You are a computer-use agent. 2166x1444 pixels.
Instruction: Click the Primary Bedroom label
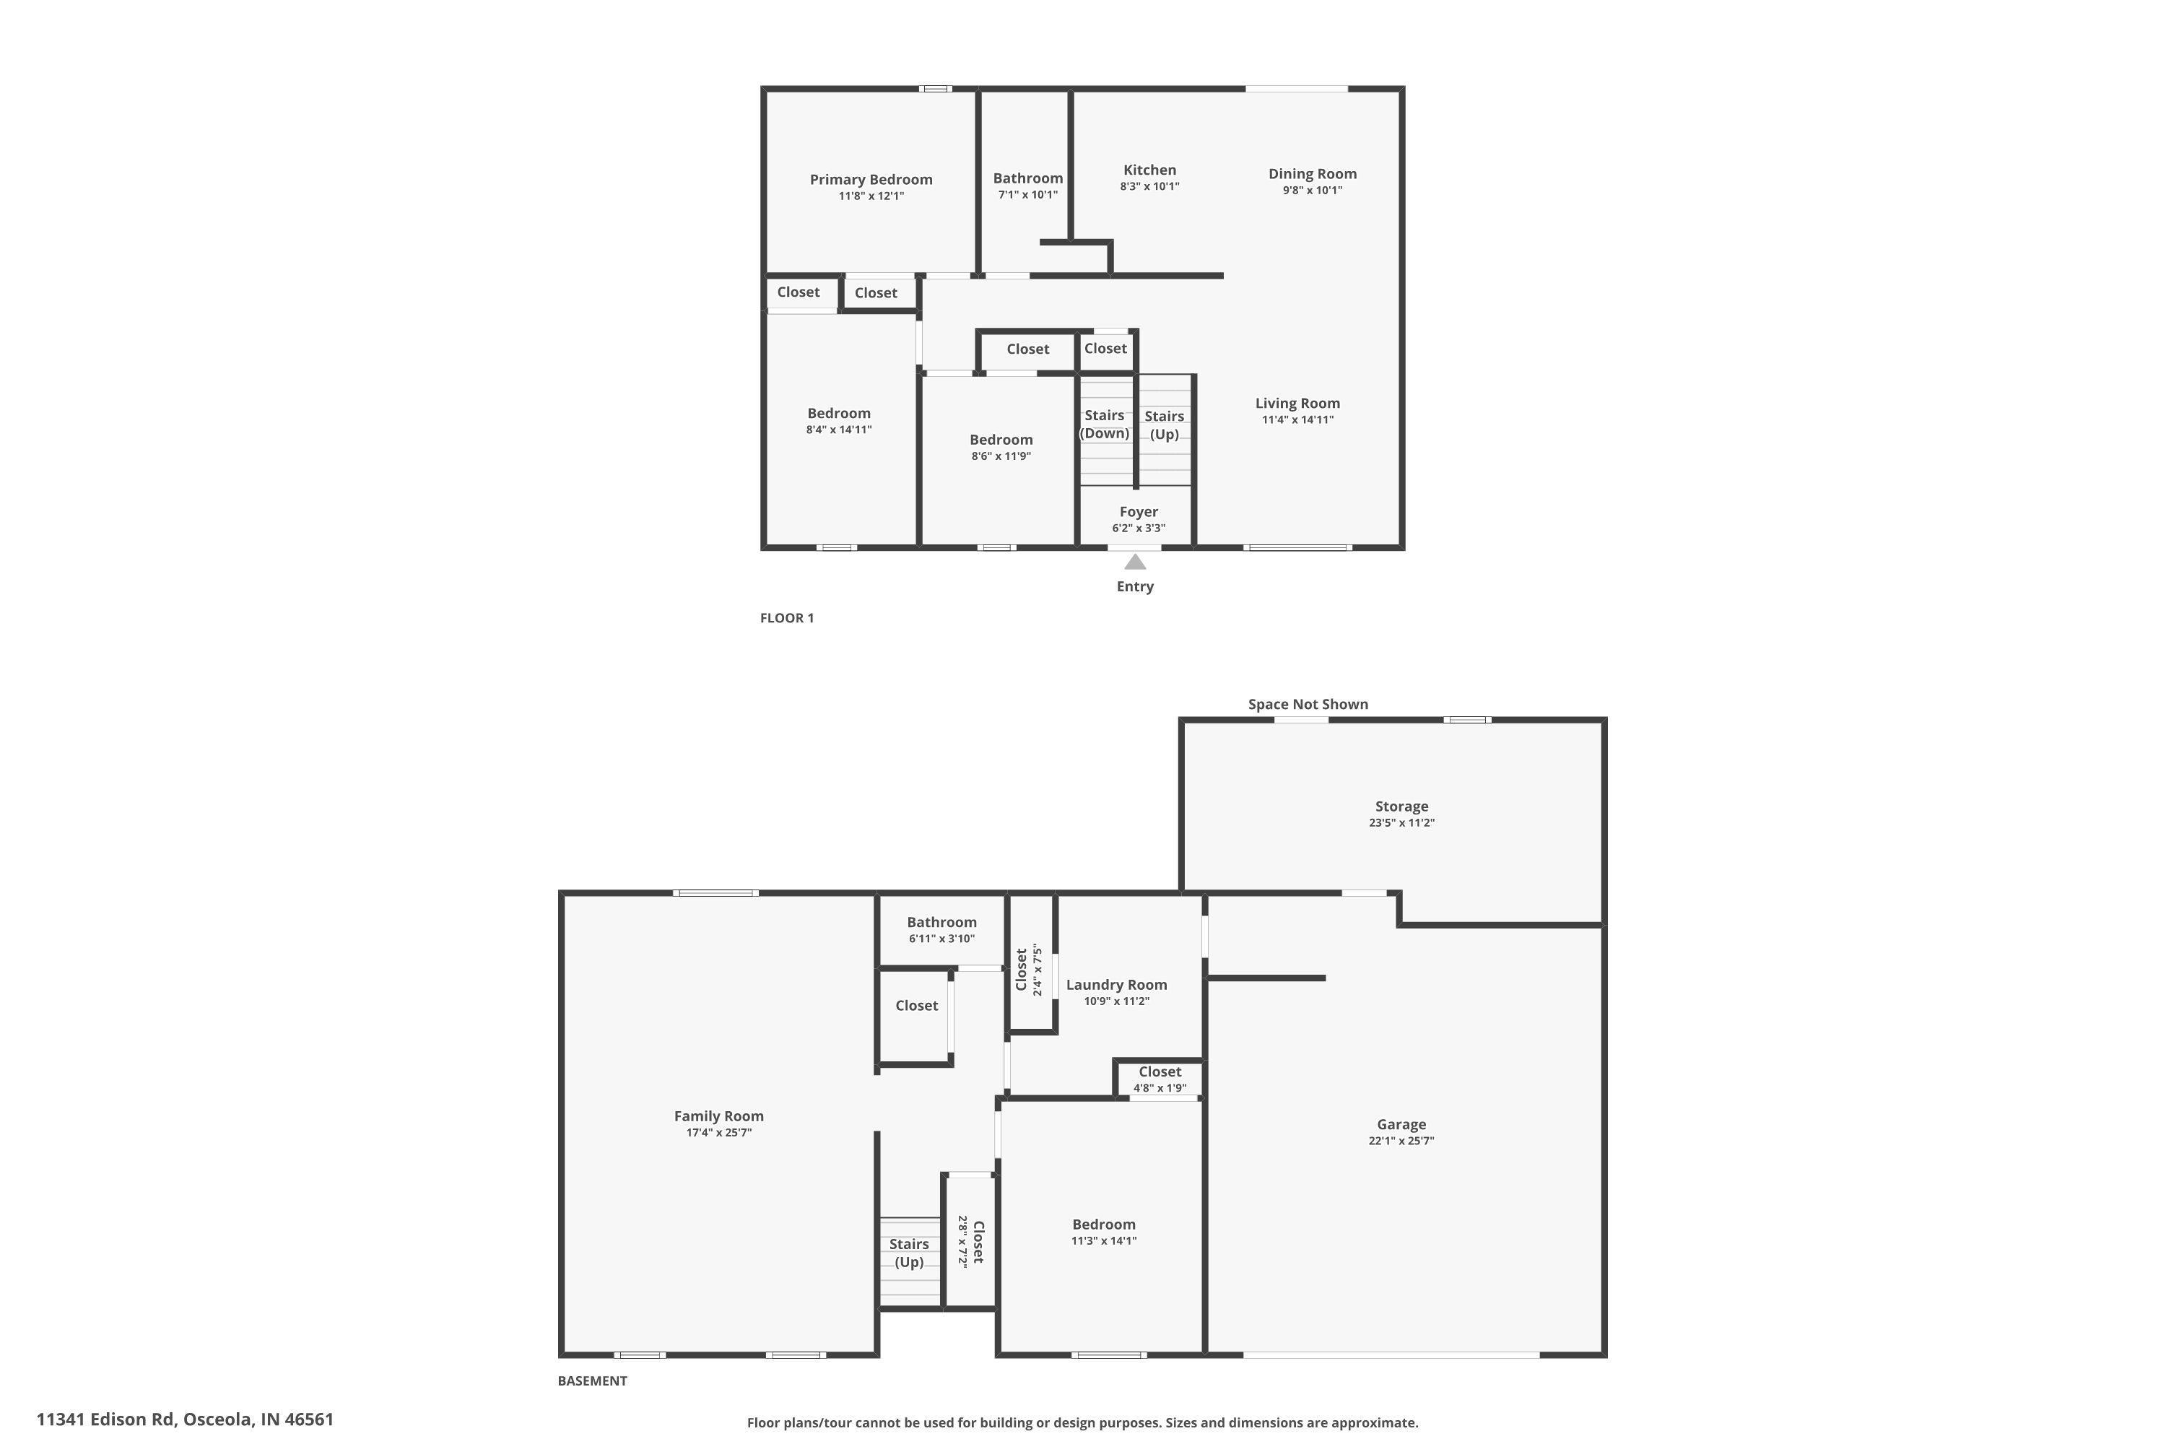coord(870,180)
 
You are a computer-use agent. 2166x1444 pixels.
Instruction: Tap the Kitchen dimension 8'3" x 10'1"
coord(1149,186)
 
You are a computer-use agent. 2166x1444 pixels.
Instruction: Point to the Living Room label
coord(1297,404)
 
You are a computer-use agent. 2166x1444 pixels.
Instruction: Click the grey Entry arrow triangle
coord(1134,562)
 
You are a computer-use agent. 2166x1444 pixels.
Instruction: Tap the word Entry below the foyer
coord(1134,586)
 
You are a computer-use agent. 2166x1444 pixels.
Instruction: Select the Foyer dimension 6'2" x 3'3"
coord(1139,529)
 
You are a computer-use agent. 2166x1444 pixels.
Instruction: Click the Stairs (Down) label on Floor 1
coord(1104,424)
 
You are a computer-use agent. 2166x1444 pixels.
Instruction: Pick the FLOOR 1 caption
coord(786,618)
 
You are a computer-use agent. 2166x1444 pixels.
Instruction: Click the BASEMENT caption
coord(592,1380)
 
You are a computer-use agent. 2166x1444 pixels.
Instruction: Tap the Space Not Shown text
coord(1308,705)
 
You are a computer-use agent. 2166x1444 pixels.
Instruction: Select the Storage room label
coord(1401,806)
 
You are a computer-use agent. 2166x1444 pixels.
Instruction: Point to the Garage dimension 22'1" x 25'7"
coord(1401,1141)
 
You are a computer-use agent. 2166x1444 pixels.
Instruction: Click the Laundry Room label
coord(1116,986)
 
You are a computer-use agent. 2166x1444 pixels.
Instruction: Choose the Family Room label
coord(718,1116)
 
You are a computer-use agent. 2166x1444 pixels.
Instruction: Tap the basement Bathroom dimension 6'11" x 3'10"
coord(941,939)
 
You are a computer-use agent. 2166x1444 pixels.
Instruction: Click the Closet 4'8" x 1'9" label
coord(1160,1072)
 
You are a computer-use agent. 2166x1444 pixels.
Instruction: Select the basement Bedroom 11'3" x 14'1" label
coord(1103,1225)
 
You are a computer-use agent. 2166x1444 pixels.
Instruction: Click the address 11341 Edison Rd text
coord(184,1419)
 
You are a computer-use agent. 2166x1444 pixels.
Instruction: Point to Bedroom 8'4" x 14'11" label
coord(838,414)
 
